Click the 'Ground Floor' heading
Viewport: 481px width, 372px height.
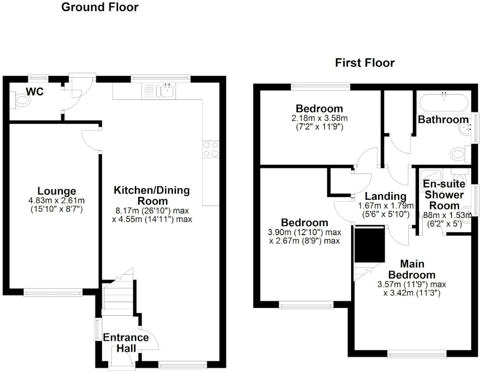click(99, 7)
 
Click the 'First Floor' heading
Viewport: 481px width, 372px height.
click(365, 63)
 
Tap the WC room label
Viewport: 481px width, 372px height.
click(35, 91)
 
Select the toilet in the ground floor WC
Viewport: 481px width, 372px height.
click(22, 100)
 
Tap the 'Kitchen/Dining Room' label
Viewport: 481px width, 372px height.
click(151, 195)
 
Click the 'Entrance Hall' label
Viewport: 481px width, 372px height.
click(126, 342)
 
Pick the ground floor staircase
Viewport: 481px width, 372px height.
click(118, 295)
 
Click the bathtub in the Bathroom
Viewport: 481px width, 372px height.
click(443, 103)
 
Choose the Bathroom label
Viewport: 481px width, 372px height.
click(440, 119)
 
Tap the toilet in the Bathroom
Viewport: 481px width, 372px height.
click(458, 155)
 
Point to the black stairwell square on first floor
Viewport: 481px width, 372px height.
click(370, 245)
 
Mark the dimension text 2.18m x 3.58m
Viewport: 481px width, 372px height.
click(320, 118)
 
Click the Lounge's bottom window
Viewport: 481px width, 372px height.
click(53, 292)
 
